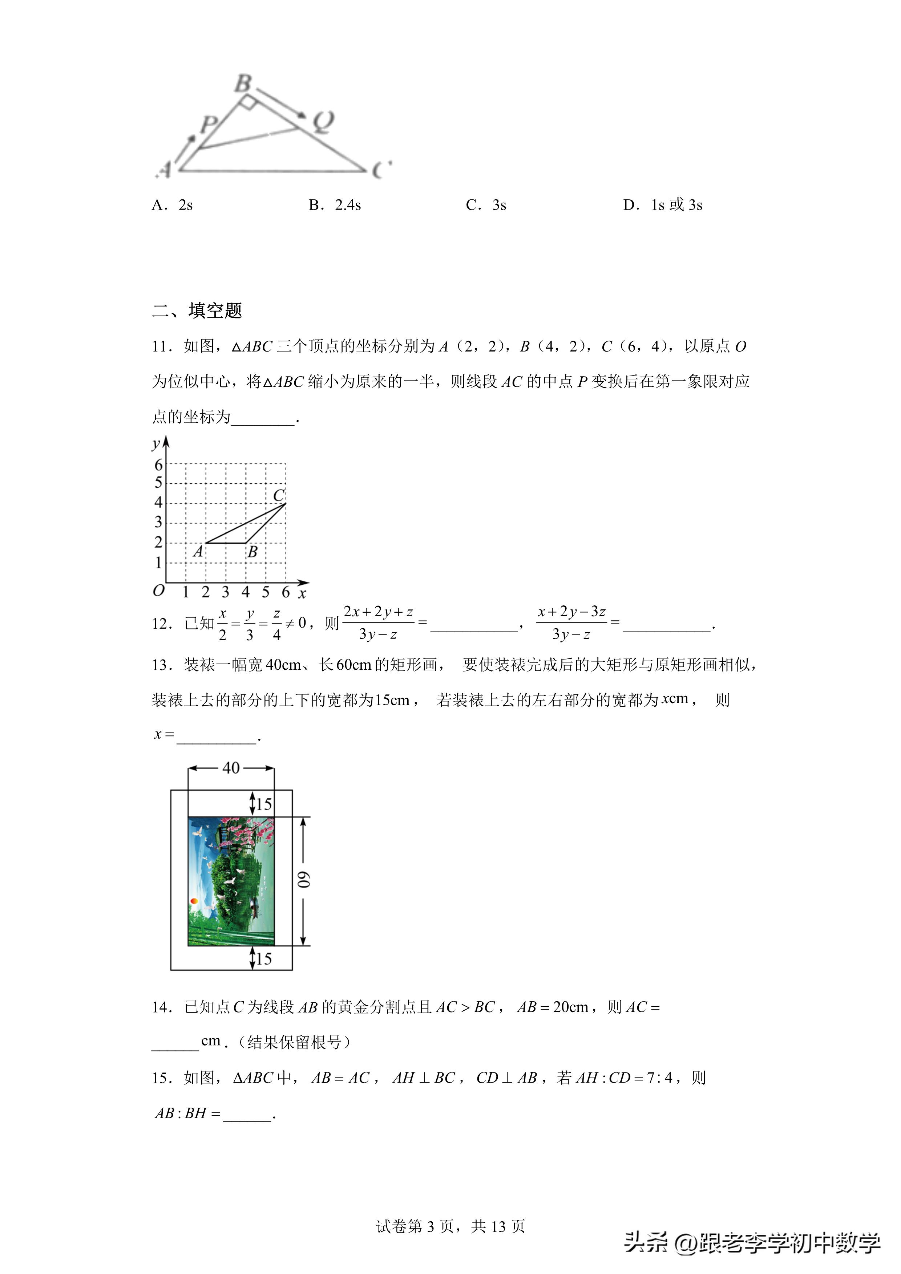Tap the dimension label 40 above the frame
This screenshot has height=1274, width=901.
(x=231, y=768)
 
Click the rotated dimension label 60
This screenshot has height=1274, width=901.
(x=304, y=880)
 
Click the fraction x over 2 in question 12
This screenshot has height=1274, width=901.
(x=222, y=624)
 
